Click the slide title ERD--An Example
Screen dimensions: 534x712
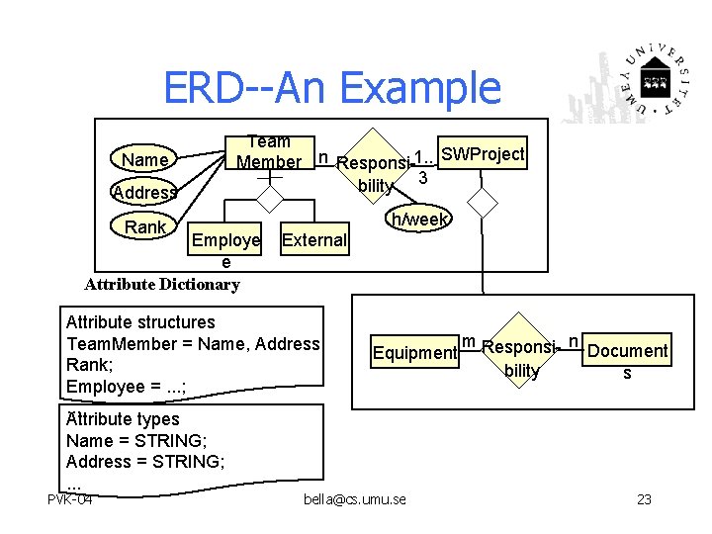coord(332,87)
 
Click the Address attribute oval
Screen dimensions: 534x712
coord(144,192)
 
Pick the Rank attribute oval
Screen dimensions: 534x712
coord(146,226)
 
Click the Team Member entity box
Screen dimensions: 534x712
coord(270,152)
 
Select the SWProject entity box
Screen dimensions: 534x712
coord(483,154)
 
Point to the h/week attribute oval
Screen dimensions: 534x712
coord(420,219)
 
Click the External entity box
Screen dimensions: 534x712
coord(313,239)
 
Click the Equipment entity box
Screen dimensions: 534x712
coord(414,352)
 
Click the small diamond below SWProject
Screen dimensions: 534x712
coord(483,201)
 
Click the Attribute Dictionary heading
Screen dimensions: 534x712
coord(162,285)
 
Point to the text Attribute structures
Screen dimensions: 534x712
coord(140,321)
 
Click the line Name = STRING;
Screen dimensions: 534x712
coord(136,440)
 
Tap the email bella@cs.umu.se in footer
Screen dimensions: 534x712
coord(356,499)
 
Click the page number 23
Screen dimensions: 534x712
coord(644,499)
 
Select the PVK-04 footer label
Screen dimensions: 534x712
coord(70,499)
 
